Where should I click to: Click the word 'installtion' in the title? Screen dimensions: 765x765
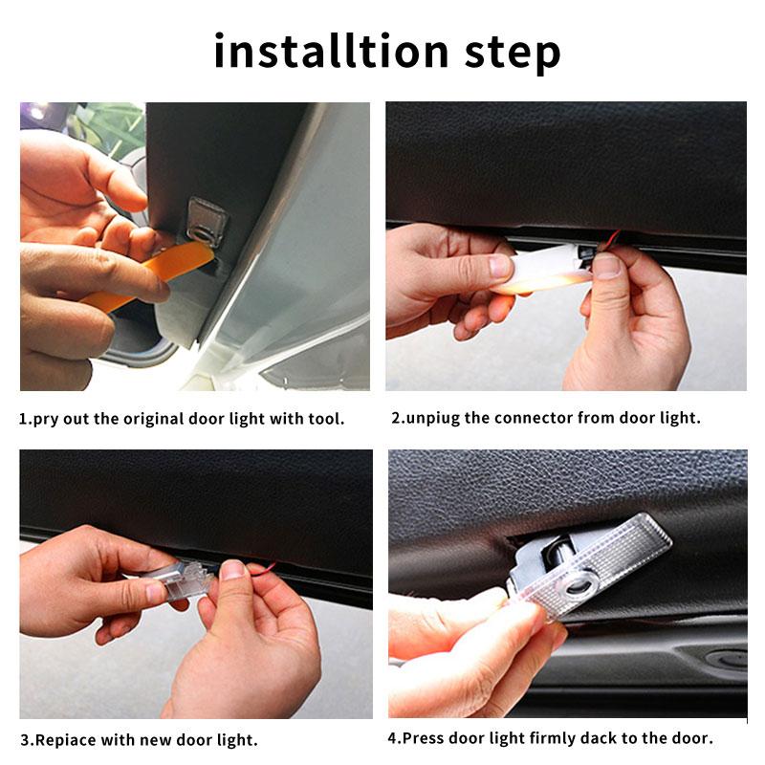331,52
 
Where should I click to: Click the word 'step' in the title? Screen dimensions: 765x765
513,54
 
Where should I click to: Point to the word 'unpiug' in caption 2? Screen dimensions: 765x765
432,419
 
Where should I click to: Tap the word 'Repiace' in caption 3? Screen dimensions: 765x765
65,740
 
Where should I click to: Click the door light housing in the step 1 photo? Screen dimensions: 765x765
205,222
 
